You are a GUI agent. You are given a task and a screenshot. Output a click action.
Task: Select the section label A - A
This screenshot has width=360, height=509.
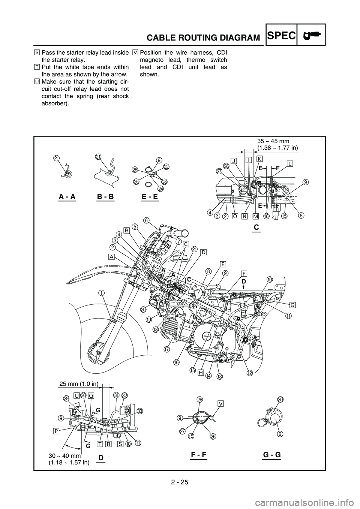coord(67,197)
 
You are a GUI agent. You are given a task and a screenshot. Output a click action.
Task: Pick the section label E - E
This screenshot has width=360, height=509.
coord(150,197)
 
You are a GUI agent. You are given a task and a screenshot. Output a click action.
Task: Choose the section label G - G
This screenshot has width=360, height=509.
coord(272,455)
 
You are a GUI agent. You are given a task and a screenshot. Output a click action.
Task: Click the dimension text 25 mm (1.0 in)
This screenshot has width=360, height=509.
coord(79,384)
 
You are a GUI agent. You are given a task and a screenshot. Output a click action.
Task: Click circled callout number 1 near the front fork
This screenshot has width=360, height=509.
coord(101,293)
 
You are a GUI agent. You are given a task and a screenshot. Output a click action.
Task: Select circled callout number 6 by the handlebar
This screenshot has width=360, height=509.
coord(147,220)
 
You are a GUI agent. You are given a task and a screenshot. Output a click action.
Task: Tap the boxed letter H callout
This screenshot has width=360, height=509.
coord(201,373)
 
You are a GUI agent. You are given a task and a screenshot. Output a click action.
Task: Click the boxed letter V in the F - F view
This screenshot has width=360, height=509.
coord(221,403)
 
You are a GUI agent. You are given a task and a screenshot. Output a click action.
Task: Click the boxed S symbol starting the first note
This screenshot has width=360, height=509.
coord(37,53)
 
